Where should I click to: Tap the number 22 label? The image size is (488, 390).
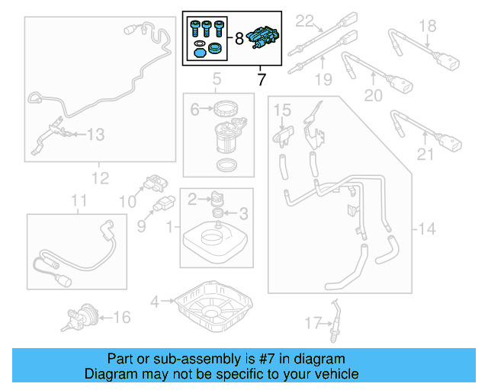coord(305,20)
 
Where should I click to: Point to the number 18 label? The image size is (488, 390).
coord(428,27)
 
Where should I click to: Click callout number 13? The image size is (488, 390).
coord(95,135)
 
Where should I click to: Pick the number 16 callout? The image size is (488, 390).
coord(121,316)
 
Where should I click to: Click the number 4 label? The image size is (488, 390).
coord(155,302)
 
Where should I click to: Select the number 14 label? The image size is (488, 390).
coord(428,229)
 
